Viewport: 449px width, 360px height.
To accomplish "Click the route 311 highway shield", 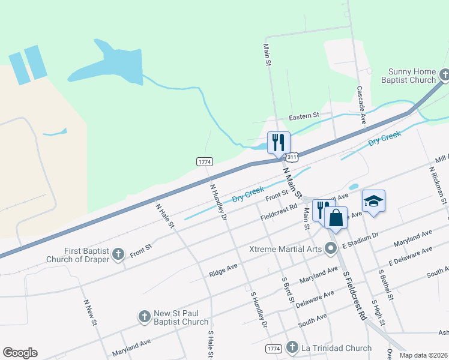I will point(292,157).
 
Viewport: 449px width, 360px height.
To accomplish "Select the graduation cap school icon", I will point(373,201).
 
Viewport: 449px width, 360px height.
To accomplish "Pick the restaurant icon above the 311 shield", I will point(279,142).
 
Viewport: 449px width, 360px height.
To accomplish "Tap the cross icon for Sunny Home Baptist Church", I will point(444,75).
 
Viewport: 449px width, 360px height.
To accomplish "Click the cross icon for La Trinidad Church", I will point(292,347).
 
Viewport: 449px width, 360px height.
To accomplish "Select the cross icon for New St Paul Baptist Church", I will point(144,316).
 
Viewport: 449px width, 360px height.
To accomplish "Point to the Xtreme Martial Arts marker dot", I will point(330,248).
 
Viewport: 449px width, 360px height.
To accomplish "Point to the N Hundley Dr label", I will point(218,202).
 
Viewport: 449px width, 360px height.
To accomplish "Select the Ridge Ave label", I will point(223,269).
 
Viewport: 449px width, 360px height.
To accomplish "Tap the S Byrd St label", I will point(288,290).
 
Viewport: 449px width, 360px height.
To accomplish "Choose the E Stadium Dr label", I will point(360,242).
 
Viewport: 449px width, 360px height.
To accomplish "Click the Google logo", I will point(20,353).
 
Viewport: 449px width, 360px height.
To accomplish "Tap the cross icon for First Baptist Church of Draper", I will point(118,254).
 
